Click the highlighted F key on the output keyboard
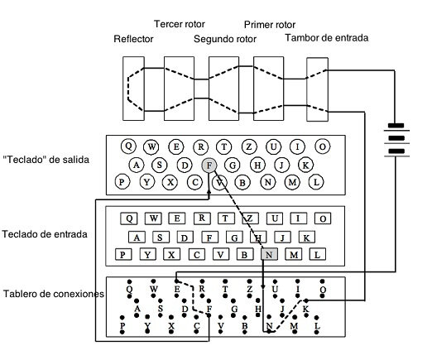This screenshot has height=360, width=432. coord(209,164)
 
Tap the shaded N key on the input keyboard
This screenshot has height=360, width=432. coord(268,255)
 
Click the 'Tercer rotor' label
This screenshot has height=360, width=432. coord(180,23)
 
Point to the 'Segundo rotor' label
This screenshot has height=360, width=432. coord(225,39)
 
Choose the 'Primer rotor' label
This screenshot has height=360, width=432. coord(271,25)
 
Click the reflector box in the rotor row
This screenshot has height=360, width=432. coord(132,86)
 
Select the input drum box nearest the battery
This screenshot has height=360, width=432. coord(318,86)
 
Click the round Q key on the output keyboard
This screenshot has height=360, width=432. coord(127,146)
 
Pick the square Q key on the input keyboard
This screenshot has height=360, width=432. coord(129,218)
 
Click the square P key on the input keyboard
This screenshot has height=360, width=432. coord(123,255)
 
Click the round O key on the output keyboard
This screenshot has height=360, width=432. coord(322,146)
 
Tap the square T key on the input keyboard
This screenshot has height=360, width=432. coord(225,218)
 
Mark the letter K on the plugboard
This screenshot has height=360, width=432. coord(305,309)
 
